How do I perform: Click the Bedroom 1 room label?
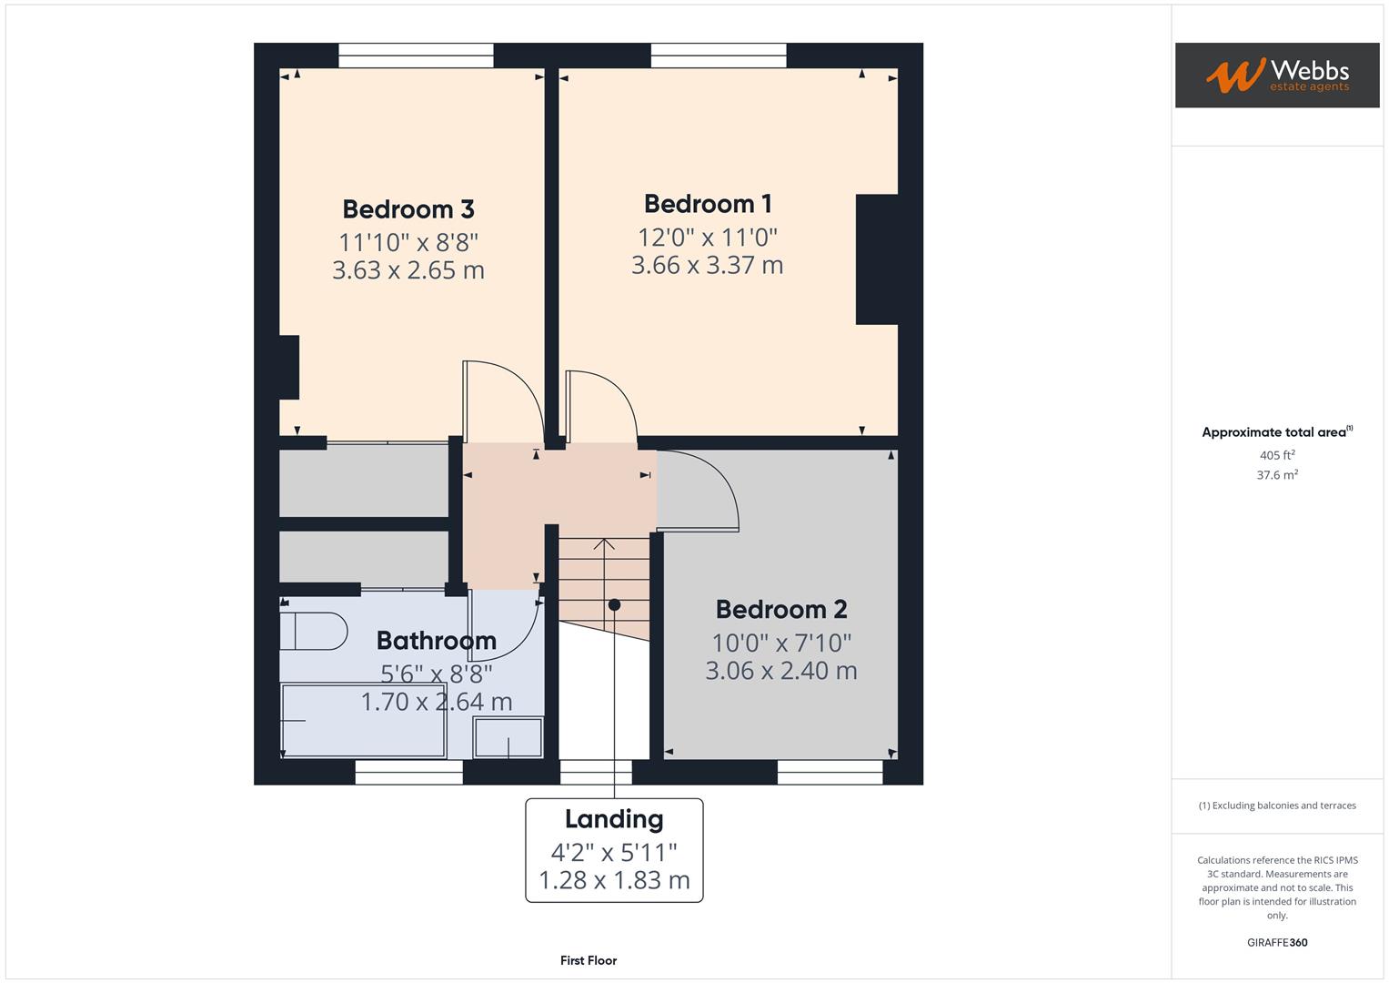point(707,203)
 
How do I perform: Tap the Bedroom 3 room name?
point(408,208)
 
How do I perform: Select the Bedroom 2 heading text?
point(780,609)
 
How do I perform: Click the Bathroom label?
point(436,640)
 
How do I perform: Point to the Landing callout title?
point(614,819)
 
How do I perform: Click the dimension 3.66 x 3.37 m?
point(707,265)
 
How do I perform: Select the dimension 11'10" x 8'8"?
point(408,242)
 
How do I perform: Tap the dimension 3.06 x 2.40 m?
point(780,671)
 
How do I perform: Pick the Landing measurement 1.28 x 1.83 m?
point(614,880)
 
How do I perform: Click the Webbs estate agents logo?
point(1276,76)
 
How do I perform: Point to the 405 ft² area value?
point(1276,455)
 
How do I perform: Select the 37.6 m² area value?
point(1276,475)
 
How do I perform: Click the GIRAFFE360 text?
point(1276,942)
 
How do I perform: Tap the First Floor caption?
point(589,960)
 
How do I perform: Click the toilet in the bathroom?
point(313,631)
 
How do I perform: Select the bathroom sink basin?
point(508,737)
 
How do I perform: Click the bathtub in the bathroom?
point(363,720)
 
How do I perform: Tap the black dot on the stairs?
point(614,605)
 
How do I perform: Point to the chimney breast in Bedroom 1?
point(876,259)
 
